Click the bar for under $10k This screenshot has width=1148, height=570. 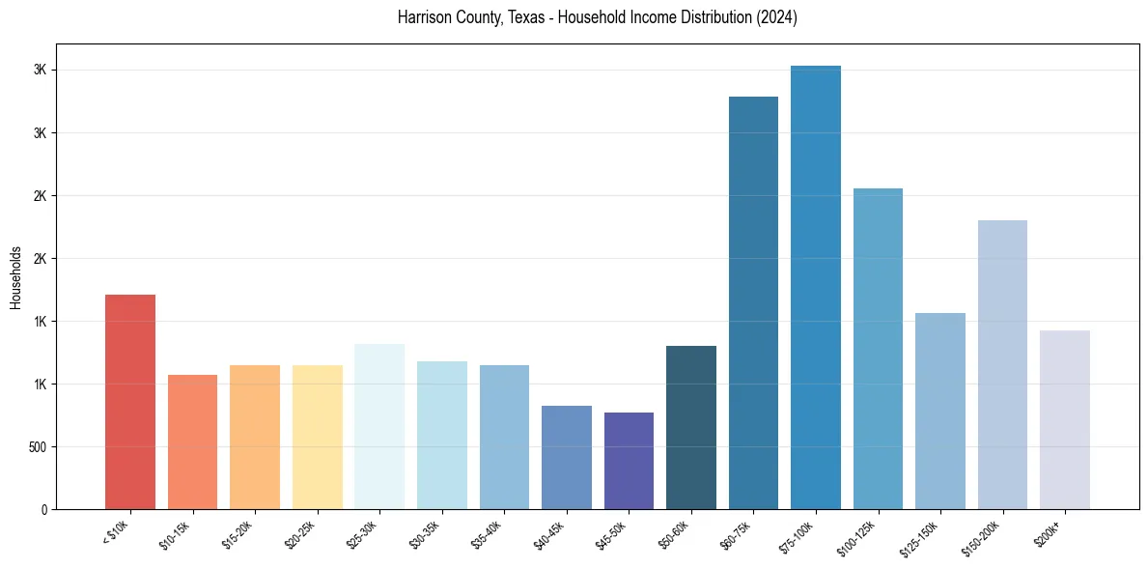(x=130, y=402)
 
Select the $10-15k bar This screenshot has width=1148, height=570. (x=192, y=442)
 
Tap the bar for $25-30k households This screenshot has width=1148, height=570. (x=379, y=426)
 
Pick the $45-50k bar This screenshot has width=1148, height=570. (x=629, y=461)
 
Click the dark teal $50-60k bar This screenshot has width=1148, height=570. (x=691, y=427)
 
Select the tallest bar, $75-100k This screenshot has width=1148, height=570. (x=816, y=288)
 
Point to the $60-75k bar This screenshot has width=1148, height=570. (x=753, y=303)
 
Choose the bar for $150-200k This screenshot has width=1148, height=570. (x=1002, y=365)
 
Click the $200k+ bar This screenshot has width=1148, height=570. (x=1065, y=420)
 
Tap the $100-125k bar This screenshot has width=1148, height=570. (x=878, y=349)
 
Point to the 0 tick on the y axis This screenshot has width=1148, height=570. (x=43, y=510)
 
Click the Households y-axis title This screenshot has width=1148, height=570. (x=15, y=276)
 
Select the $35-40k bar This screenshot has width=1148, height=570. (x=504, y=438)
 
